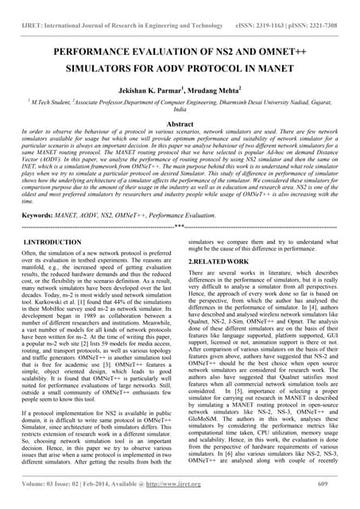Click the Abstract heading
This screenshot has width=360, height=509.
tap(180, 124)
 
